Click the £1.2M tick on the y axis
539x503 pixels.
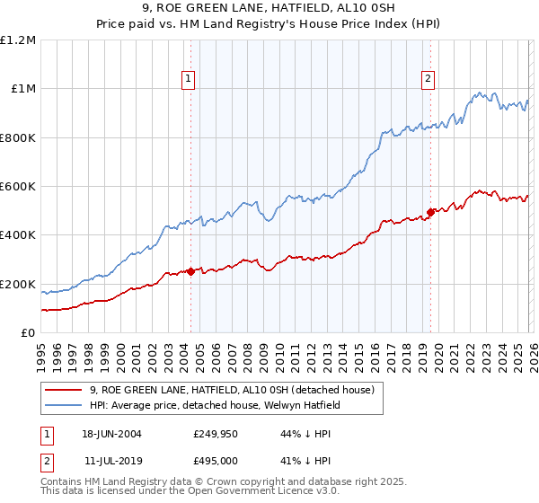coord(19,40)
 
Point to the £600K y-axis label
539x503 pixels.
coord(18,187)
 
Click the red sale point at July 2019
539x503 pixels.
coord(430,212)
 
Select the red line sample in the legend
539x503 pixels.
coord(65,390)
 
